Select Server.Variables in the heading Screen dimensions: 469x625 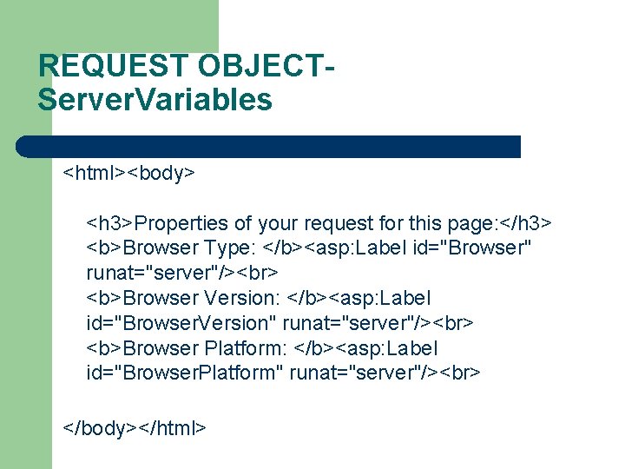pyautogui.click(x=155, y=99)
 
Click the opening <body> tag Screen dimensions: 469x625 pyautogui.click(x=161, y=173)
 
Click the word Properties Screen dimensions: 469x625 pyautogui.click(x=181, y=223)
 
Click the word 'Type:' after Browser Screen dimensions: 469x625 pyautogui.click(x=229, y=248)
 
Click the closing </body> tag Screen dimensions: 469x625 pyautogui.click(x=96, y=427)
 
